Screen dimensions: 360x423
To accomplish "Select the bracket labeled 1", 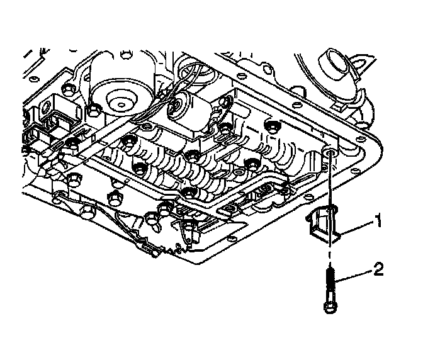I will (x=324, y=225).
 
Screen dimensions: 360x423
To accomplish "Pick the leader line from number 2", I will (x=353, y=276).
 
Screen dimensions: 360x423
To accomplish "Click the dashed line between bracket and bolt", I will (x=329, y=255).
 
